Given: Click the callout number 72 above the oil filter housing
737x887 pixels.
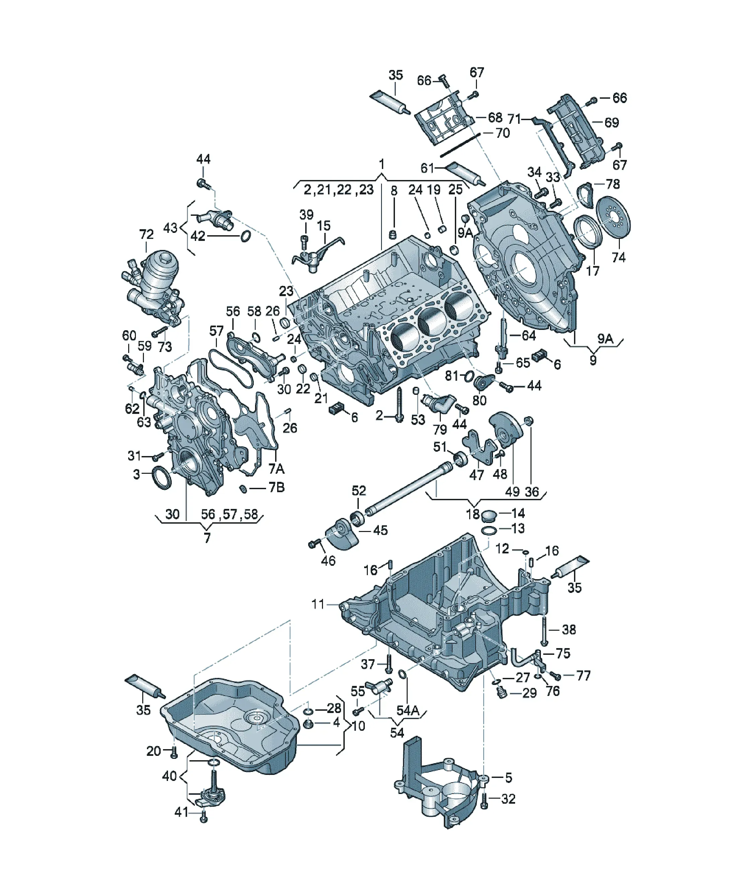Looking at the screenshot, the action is (146, 235).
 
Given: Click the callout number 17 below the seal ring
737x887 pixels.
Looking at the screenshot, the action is (592, 271).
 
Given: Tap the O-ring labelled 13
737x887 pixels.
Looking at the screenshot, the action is (489, 531).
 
